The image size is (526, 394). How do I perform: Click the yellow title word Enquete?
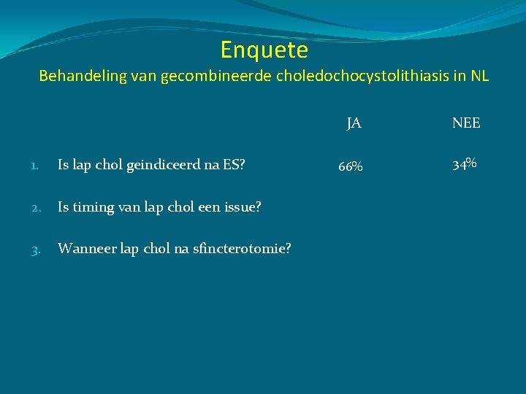tap(264, 50)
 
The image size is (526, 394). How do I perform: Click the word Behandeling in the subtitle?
tap(83, 76)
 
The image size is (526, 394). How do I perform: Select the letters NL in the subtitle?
tap(480, 76)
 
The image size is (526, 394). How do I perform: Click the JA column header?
tap(354, 123)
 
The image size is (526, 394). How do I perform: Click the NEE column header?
tap(466, 123)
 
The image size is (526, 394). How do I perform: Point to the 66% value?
tap(351, 166)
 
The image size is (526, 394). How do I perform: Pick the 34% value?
tap(465, 164)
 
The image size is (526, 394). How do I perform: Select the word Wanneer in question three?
tap(84, 249)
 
